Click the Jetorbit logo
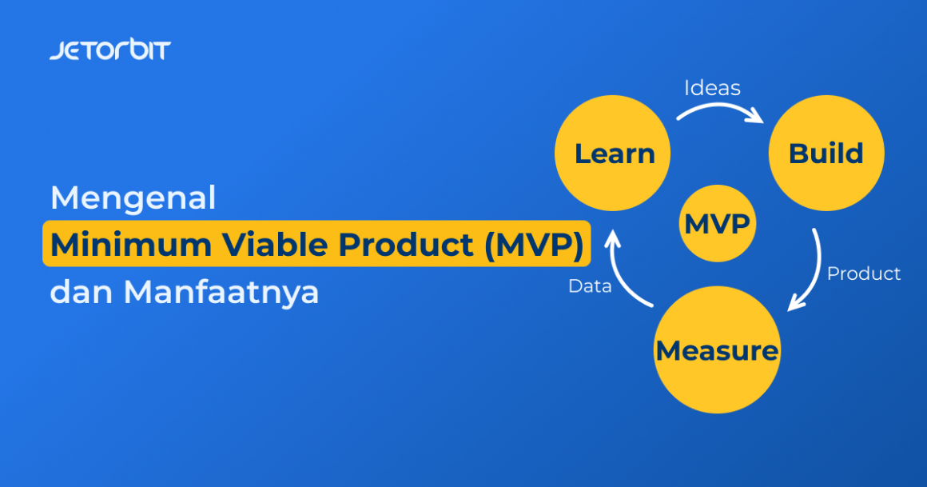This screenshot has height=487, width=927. tap(109, 50)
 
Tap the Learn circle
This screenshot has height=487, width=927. tap(613, 153)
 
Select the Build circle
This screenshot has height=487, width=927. tap(826, 153)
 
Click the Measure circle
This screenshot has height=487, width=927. tap(717, 350)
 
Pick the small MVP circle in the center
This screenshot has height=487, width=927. tap(717, 223)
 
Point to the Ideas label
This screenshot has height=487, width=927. tap(712, 87)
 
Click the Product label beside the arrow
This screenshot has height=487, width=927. tap(863, 273)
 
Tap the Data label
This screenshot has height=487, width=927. tap(590, 285)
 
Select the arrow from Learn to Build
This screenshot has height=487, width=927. tap(719, 110)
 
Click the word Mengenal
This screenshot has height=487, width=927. tap(133, 198)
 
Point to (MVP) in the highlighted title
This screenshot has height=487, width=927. tap(533, 245)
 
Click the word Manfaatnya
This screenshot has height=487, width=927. tap(221, 292)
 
